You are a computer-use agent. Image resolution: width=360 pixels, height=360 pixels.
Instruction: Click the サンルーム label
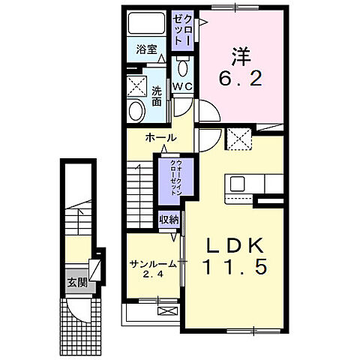153,264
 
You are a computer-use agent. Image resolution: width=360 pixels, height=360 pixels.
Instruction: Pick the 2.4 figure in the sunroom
153,275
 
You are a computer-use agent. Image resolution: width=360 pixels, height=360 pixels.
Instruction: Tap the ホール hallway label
160,138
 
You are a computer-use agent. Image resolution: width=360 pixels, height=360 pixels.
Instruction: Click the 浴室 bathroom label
145,49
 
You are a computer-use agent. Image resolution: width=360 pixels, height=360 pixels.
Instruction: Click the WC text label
184,87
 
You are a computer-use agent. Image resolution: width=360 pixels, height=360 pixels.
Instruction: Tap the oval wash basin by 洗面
136,112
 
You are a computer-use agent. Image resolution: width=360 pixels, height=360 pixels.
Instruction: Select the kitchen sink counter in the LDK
244,184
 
